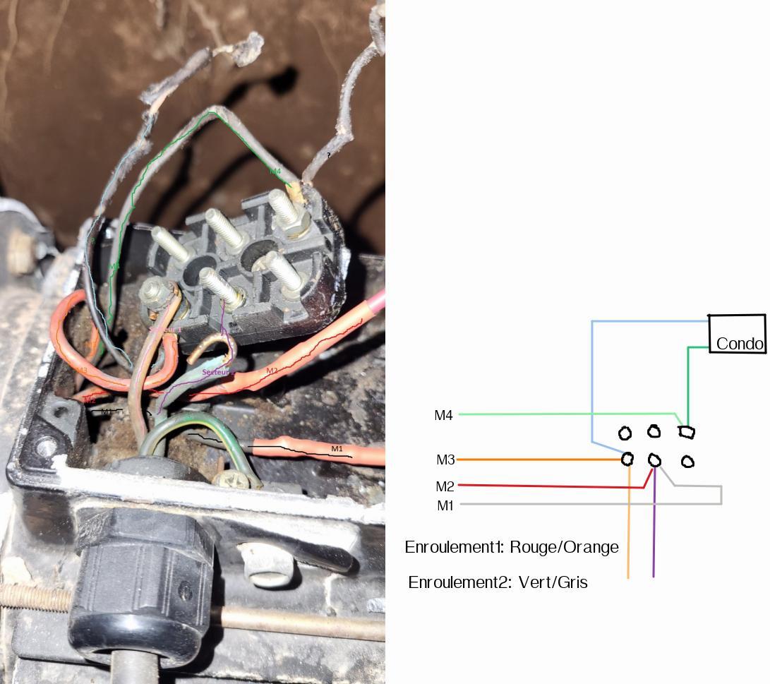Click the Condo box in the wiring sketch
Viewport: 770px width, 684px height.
pos(737,334)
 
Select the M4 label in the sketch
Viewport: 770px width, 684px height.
pos(443,416)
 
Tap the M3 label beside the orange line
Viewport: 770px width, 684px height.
pos(445,460)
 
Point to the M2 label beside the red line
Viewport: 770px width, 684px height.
pos(445,486)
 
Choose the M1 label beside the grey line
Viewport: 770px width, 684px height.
pos(445,505)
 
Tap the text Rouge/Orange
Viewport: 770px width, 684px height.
pos(564,547)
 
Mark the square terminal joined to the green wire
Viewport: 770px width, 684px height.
pos(686,431)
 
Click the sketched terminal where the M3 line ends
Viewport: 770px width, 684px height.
pos(627,460)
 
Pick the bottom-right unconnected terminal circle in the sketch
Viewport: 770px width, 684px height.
pos(687,462)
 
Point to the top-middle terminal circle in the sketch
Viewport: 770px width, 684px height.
pos(654,431)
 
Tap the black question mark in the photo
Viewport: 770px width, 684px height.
pos(328,155)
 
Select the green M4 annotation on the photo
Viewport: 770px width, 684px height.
pos(275,171)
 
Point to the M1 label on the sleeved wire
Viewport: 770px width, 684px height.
pos(337,448)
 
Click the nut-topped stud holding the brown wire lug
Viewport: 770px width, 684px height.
pos(153,291)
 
